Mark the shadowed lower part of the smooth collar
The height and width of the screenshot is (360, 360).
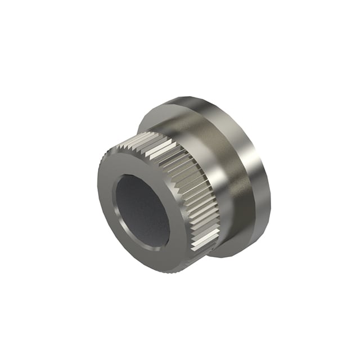coord(225,225)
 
